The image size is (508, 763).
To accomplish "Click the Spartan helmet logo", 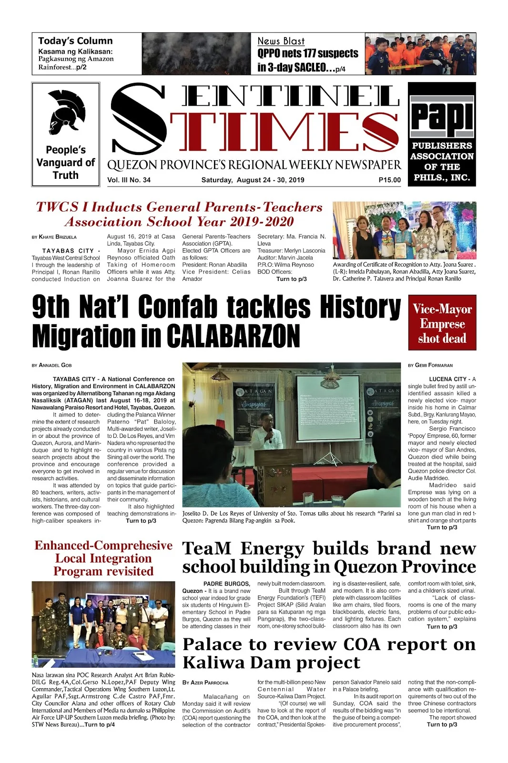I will coord(66,113).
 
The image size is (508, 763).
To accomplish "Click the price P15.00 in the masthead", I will coord(389,180).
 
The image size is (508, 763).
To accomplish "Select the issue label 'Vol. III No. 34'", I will coord(129,180).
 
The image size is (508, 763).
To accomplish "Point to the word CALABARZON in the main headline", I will coord(233,337).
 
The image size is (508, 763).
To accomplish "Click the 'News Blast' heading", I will coord(281,41).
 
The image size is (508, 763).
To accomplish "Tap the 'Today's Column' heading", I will coord(75,41).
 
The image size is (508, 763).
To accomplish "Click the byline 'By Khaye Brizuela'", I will coord(54,237).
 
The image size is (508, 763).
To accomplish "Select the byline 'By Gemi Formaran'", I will coord(430,365).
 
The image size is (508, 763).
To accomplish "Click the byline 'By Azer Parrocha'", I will coord(205,683).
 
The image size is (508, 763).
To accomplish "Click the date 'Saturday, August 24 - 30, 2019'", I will coord(253,180).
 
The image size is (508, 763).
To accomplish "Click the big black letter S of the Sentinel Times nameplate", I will coord(139,119).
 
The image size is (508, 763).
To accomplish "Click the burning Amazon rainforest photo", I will coord(196,53).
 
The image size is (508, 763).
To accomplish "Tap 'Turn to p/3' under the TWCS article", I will coord(291,279).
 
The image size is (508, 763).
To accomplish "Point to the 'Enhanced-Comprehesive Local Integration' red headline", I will coord(103,552).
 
